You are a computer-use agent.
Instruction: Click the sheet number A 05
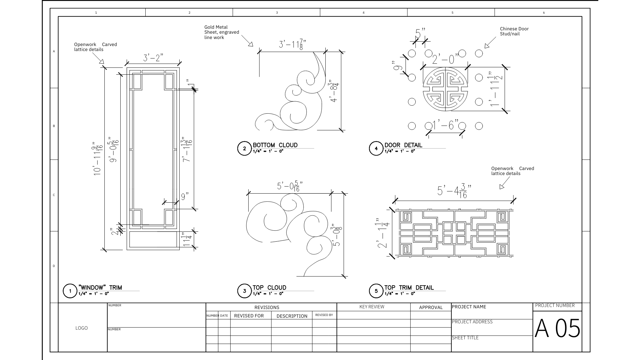(x=558, y=328)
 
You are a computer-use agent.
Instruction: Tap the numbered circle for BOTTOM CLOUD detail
(x=244, y=149)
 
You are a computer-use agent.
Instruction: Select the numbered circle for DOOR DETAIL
(x=376, y=149)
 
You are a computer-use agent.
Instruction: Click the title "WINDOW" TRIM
(x=100, y=287)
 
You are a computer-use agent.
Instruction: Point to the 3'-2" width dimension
(x=153, y=58)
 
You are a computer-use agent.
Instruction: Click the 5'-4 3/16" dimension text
(x=454, y=191)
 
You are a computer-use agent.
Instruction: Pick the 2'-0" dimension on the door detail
(x=445, y=59)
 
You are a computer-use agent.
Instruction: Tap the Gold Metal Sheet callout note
(x=222, y=32)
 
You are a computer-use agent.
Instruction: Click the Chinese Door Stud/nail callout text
(x=514, y=31)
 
